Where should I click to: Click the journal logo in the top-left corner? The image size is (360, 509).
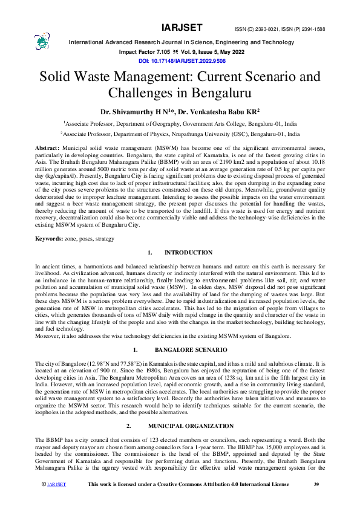[42, 41]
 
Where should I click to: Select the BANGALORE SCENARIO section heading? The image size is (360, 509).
[191, 350]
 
